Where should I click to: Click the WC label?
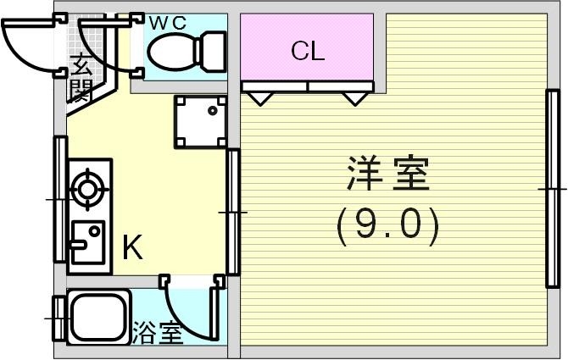coord(167,23)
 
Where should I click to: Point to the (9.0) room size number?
coord(387,225)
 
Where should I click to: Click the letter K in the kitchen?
coord(132,248)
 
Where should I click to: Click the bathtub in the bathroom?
coord(97,317)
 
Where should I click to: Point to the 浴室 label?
coord(157,334)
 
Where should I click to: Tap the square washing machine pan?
coord(202,122)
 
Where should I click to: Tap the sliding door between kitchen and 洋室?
coord(231,211)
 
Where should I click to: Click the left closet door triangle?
coord(258,97)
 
